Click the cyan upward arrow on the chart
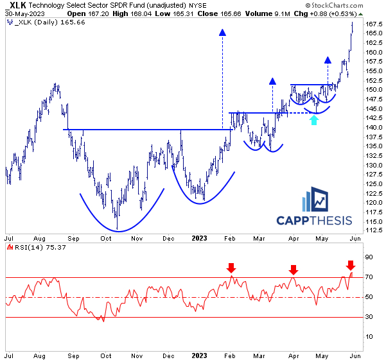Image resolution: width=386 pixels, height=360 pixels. (x=313, y=120)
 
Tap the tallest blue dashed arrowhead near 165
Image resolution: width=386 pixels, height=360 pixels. (x=222, y=32)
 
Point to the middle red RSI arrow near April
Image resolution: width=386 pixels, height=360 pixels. (x=293, y=270)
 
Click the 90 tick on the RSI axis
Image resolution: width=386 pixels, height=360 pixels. (x=369, y=257)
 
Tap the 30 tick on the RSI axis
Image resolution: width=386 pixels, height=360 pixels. (x=369, y=317)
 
